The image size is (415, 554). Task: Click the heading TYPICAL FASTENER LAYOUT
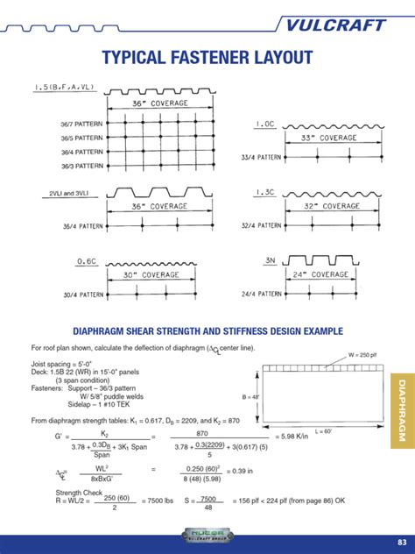207,59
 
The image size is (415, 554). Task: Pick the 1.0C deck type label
265,124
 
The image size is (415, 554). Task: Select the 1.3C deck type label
265,193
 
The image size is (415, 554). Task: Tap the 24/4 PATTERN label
260,294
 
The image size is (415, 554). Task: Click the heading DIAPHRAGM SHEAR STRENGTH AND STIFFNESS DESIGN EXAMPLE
207,331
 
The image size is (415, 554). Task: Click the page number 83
402,539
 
